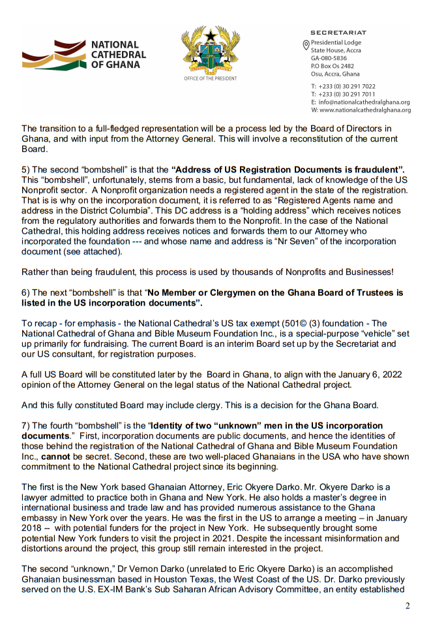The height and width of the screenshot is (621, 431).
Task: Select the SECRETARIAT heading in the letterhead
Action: click(338, 33)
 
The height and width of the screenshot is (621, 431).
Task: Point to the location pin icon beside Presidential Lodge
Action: click(306, 44)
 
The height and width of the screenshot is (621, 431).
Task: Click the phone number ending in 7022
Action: click(347, 86)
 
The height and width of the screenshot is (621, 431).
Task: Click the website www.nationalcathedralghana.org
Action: click(364, 110)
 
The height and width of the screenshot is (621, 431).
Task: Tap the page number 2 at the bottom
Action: click(408, 605)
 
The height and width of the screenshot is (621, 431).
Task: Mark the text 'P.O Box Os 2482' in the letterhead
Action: click(333, 66)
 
